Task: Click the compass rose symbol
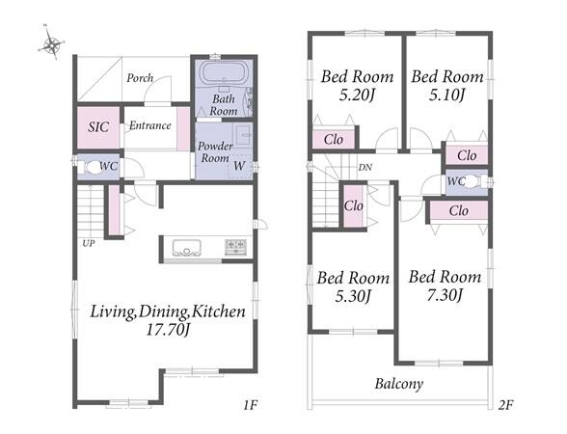click(x=52, y=44)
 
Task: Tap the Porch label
click(x=140, y=78)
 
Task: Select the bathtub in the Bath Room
click(x=224, y=73)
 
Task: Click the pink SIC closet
click(x=98, y=127)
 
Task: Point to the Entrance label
click(x=150, y=125)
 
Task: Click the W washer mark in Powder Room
click(x=239, y=166)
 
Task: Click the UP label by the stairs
click(x=89, y=243)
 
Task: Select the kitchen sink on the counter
click(x=187, y=248)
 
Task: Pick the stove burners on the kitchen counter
click(x=235, y=247)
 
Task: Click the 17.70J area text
click(x=168, y=330)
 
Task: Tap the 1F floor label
click(x=250, y=405)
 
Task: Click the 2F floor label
click(x=505, y=405)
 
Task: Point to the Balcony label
click(x=399, y=384)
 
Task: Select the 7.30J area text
click(x=445, y=295)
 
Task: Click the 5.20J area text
click(x=356, y=95)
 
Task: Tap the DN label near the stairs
click(x=364, y=168)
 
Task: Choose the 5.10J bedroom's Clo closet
click(x=467, y=155)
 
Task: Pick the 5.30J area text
click(x=353, y=296)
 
